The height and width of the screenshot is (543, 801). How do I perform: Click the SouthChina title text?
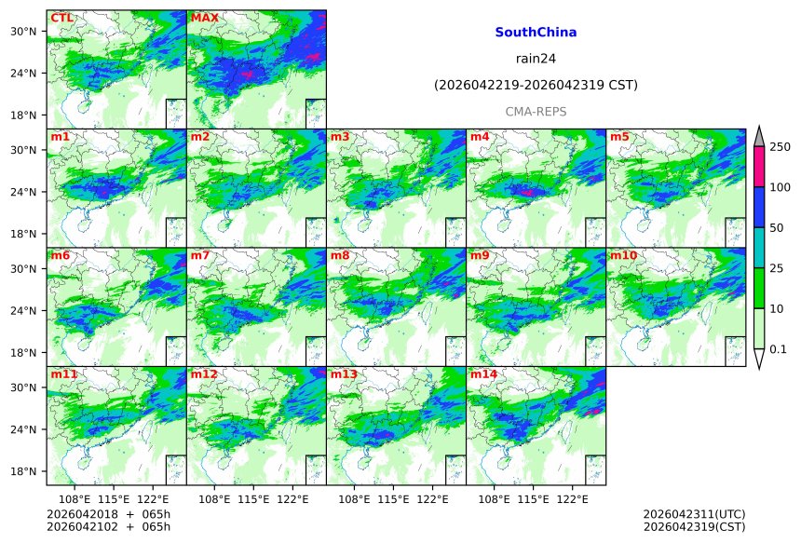tap(536, 33)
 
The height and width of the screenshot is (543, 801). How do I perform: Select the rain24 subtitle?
tap(536, 59)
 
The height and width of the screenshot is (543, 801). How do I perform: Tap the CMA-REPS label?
tap(536, 112)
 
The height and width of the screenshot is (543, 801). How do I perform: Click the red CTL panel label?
tap(62, 18)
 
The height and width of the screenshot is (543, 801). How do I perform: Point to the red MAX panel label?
tap(204, 18)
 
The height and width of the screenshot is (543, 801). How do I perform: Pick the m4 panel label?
tap(479, 137)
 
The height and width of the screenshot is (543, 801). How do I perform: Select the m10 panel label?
tap(623, 255)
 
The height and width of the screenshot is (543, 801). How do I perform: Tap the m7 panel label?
tap(199, 255)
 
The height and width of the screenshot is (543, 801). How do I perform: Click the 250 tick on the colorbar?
tap(780, 147)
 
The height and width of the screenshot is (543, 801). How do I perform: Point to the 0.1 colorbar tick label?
tap(779, 349)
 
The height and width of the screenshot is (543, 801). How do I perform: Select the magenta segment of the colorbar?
tap(759, 167)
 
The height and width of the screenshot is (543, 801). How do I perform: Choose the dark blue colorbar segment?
tap(759, 207)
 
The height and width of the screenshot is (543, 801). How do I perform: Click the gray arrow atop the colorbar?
tap(759, 136)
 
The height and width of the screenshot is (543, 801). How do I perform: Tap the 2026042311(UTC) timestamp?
tap(694, 513)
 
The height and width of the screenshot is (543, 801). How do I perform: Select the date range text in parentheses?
tap(536, 86)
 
